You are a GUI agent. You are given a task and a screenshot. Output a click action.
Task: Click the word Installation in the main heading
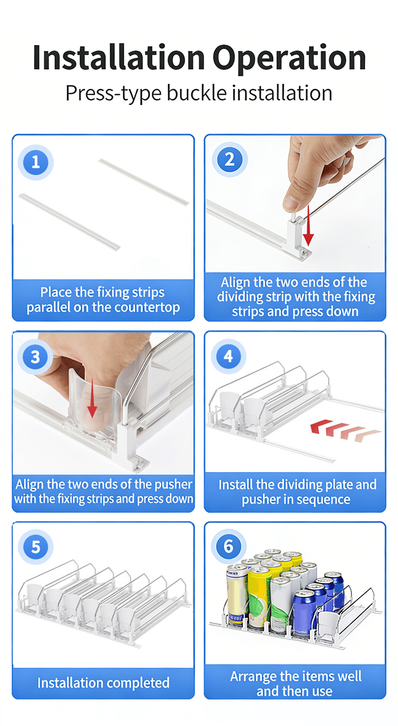[118, 58]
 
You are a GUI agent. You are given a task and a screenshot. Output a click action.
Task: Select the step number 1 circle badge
[36, 162]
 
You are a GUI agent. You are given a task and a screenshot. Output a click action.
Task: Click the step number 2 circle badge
[230, 160]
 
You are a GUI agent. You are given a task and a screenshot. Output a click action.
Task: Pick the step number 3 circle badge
[35, 357]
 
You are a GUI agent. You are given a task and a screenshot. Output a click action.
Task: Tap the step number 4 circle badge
[228, 356]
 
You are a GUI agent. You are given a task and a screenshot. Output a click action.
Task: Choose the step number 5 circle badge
[36, 547]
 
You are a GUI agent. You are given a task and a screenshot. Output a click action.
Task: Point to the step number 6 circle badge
[228, 546]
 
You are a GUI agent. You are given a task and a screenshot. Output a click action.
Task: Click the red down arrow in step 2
[308, 225]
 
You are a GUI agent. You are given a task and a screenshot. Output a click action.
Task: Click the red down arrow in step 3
[92, 398]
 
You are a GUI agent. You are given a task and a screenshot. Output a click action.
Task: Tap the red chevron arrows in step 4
[345, 430]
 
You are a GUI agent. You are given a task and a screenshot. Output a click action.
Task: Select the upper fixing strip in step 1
[144, 182]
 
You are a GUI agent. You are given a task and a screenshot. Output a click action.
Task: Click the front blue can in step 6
[304, 614]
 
